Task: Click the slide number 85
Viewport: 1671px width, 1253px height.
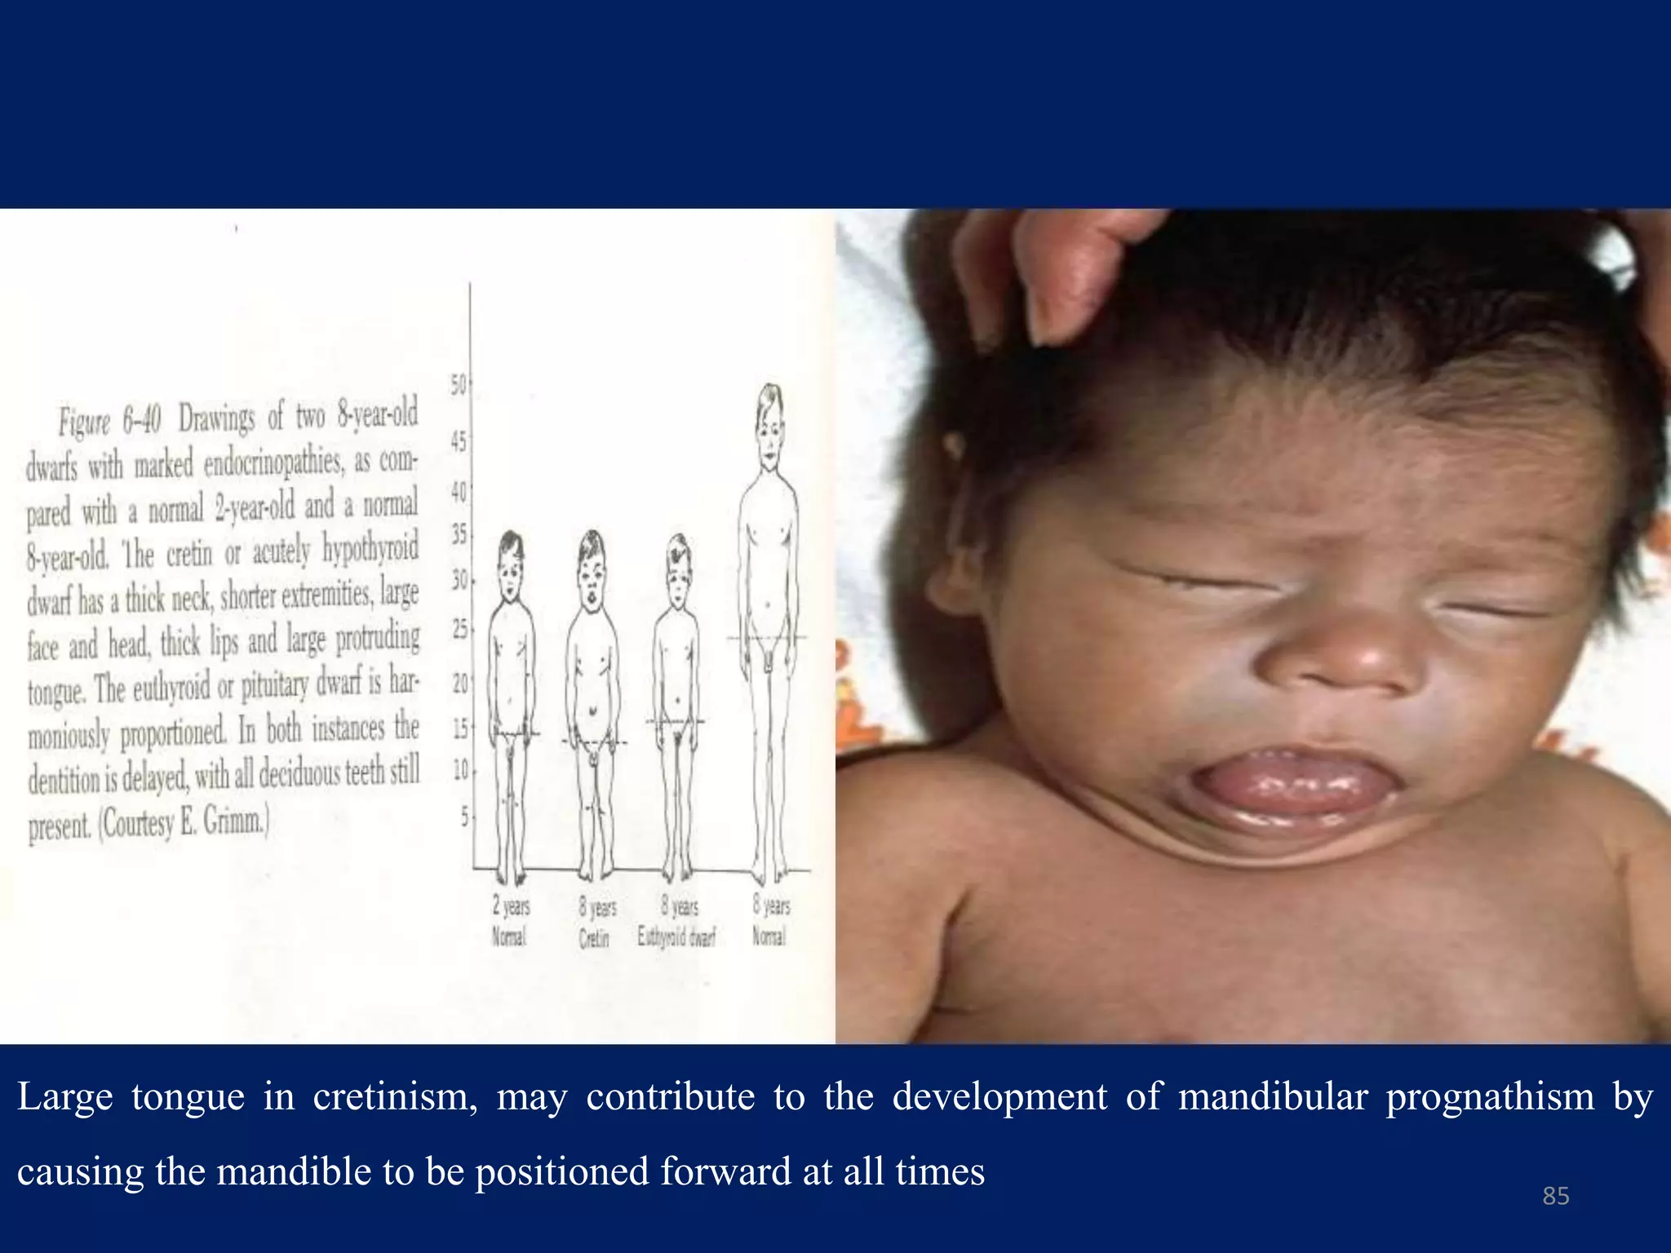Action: tap(1555, 1196)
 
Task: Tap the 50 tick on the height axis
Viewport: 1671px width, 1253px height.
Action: tap(459, 384)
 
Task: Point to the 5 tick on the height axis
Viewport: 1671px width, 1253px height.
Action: tap(464, 816)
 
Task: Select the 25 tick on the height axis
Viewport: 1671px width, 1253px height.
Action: tap(460, 629)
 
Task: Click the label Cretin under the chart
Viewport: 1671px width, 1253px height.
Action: tap(594, 940)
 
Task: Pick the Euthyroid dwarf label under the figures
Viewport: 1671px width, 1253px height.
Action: tap(676, 937)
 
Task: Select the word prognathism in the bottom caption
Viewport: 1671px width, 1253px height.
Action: tap(1490, 1097)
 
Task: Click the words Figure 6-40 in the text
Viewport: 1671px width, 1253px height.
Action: tap(109, 420)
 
